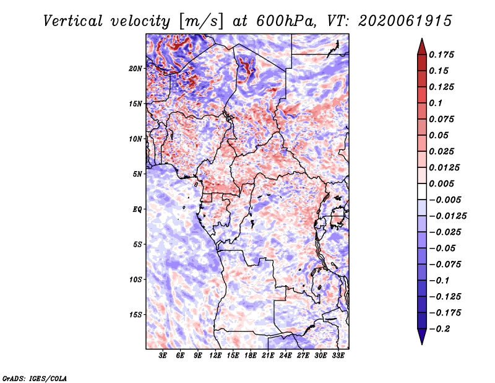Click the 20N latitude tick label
pos(136,69)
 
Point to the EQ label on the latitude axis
pos(137,209)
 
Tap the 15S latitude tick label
pos(136,315)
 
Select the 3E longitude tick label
pos(163,355)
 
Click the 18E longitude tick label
pos(251,355)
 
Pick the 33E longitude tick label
pos(338,355)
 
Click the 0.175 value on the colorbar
pos(441,55)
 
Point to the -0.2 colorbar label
pos(439,329)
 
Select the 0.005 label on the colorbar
pos(441,183)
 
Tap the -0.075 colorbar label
pos(445,265)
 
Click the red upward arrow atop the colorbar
pos(422,46)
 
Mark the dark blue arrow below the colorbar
pos(422,337)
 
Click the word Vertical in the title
pos(72,21)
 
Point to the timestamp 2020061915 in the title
pos(405,21)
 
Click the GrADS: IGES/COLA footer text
pos(35,378)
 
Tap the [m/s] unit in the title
pos(201,21)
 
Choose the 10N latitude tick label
pos(136,139)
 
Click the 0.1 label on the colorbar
pos(436,103)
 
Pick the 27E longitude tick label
pos(303,355)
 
